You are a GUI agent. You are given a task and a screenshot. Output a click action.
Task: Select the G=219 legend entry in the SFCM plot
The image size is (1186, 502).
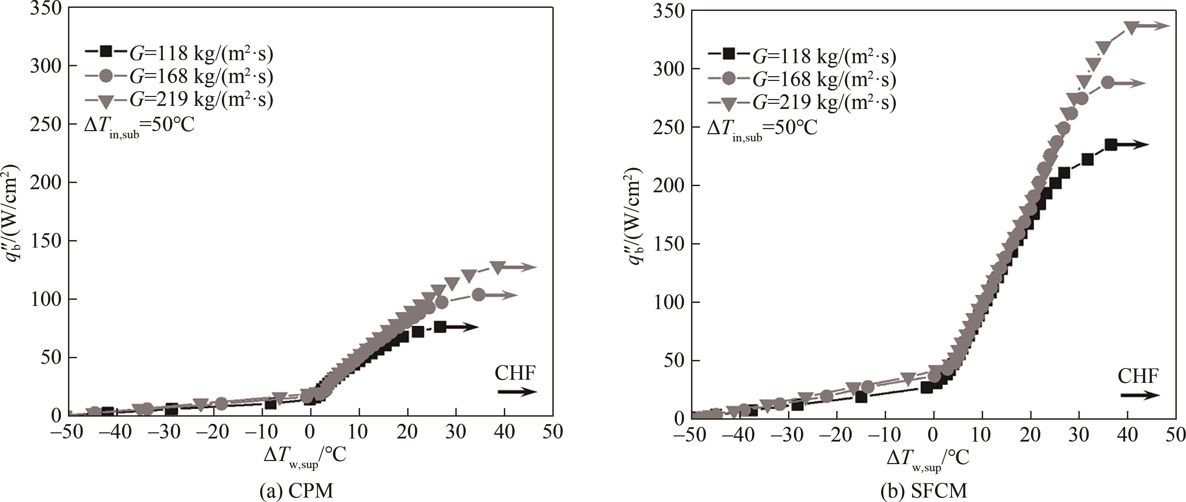click(802, 102)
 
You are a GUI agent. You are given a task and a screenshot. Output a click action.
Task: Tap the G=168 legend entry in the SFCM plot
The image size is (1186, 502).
click(802, 80)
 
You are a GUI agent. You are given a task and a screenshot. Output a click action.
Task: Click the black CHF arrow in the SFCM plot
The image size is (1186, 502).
click(1140, 395)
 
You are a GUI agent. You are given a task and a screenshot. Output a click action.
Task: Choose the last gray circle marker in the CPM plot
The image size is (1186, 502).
click(478, 294)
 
